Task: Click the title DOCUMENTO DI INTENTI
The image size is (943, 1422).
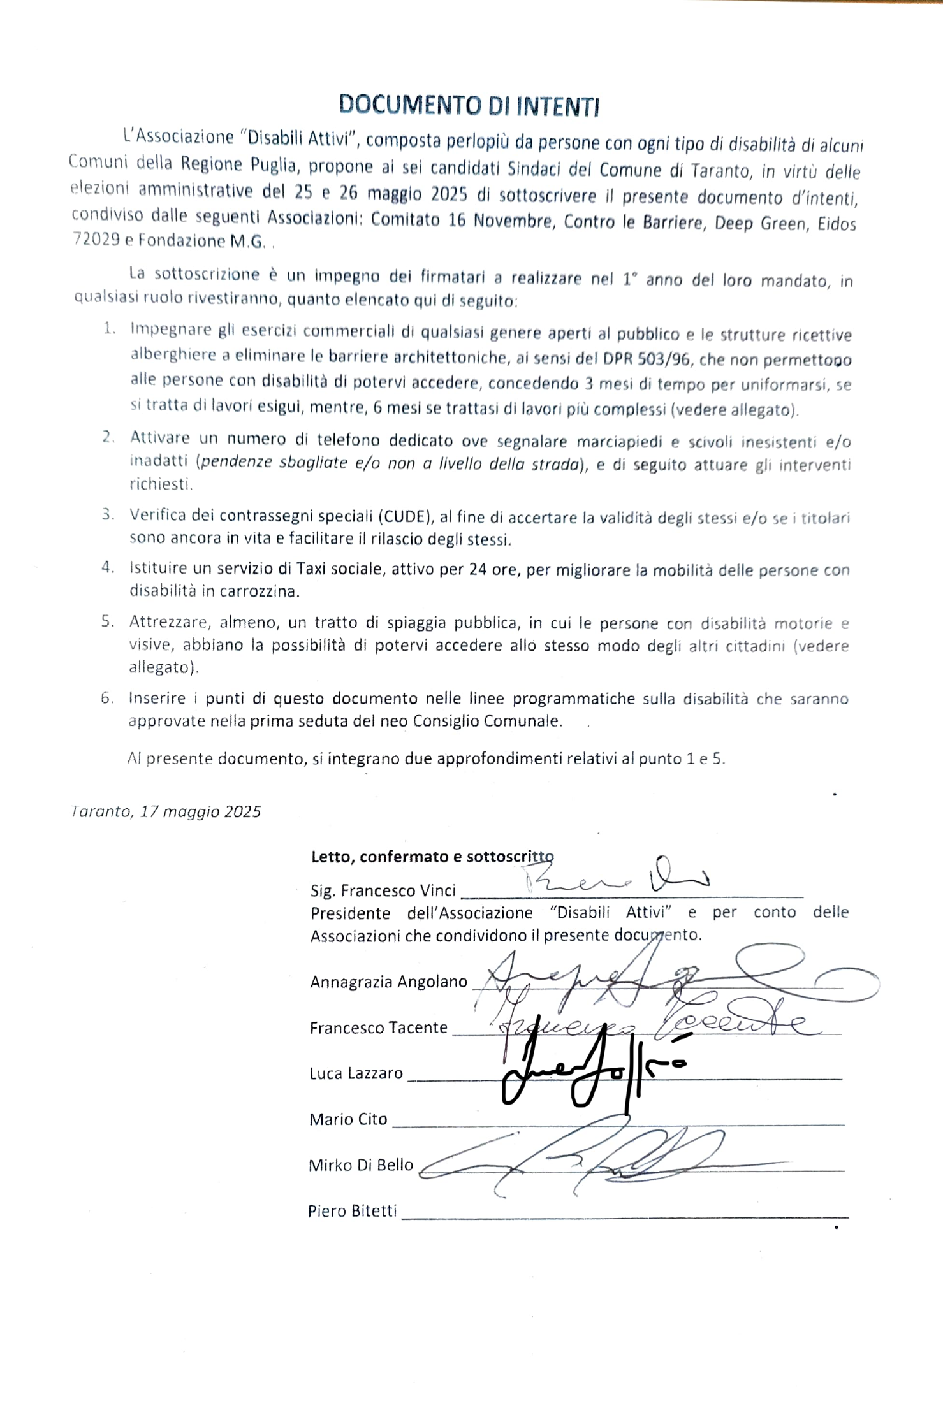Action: (469, 106)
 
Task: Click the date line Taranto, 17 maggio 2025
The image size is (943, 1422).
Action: (166, 811)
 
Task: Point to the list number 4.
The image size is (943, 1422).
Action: (108, 567)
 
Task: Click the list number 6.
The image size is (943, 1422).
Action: (107, 698)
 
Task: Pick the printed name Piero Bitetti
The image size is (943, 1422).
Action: (352, 1211)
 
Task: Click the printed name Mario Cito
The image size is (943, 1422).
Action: (348, 1119)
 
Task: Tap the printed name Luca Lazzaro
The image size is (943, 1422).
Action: (356, 1073)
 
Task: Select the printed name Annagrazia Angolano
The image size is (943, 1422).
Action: (388, 982)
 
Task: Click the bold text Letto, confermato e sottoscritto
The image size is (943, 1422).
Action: (432, 857)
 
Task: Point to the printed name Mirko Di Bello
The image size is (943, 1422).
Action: (361, 1165)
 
